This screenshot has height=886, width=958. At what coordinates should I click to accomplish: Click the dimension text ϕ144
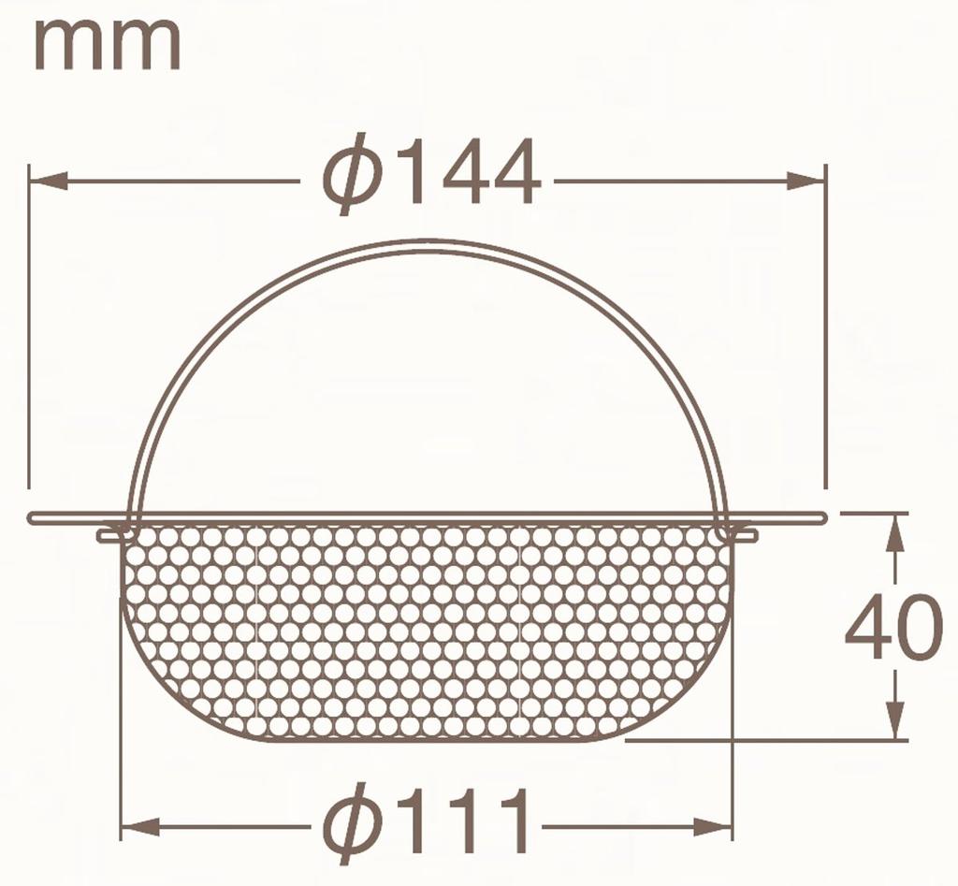point(431,174)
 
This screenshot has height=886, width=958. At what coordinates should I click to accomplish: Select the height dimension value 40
point(893,627)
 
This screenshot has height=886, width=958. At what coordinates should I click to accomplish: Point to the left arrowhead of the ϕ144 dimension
point(47,181)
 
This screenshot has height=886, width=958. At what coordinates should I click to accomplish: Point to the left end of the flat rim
point(34,517)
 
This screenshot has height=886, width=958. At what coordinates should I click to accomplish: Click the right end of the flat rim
point(820,516)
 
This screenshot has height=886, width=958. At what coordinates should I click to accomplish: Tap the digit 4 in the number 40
point(867,627)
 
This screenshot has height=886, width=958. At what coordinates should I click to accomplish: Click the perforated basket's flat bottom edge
point(426,738)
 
